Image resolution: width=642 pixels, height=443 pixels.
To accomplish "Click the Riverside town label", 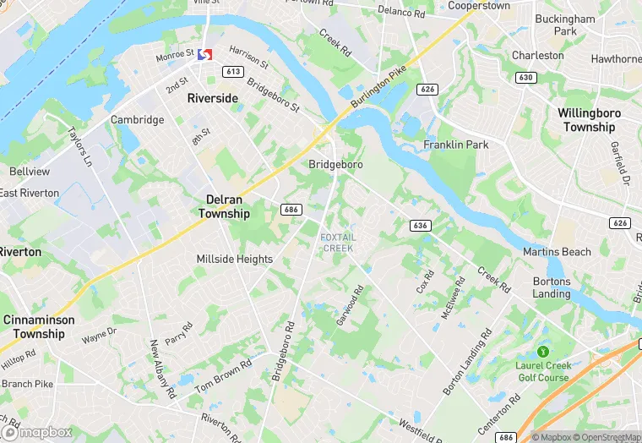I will pyautogui.click(x=212, y=98).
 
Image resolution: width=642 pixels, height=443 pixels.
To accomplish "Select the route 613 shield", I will pyautogui.click(x=234, y=72).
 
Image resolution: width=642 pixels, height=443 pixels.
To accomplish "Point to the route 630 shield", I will pyautogui.click(x=527, y=78).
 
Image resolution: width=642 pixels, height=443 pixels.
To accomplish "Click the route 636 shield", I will pyautogui.click(x=420, y=226).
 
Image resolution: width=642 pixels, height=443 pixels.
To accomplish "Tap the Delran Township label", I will pyautogui.click(x=224, y=206).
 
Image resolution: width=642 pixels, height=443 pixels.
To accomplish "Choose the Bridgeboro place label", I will pyautogui.click(x=335, y=164).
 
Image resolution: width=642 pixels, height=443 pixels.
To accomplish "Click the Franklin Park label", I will pyautogui.click(x=456, y=145).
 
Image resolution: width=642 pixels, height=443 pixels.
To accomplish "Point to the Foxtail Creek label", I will pyautogui.click(x=338, y=243).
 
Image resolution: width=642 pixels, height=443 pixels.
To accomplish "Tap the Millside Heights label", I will pyautogui.click(x=235, y=259).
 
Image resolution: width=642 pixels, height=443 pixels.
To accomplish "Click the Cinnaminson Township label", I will pyautogui.click(x=39, y=327).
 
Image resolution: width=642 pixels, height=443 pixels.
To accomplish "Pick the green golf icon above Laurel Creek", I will pyautogui.click(x=542, y=351).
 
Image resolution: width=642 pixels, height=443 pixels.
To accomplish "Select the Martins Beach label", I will pyautogui.click(x=557, y=252).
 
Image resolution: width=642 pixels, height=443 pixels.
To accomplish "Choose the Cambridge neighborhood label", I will pyautogui.click(x=138, y=120).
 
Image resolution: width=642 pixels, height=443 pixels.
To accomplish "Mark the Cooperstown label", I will pyautogui.click(x=478, y=5).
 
